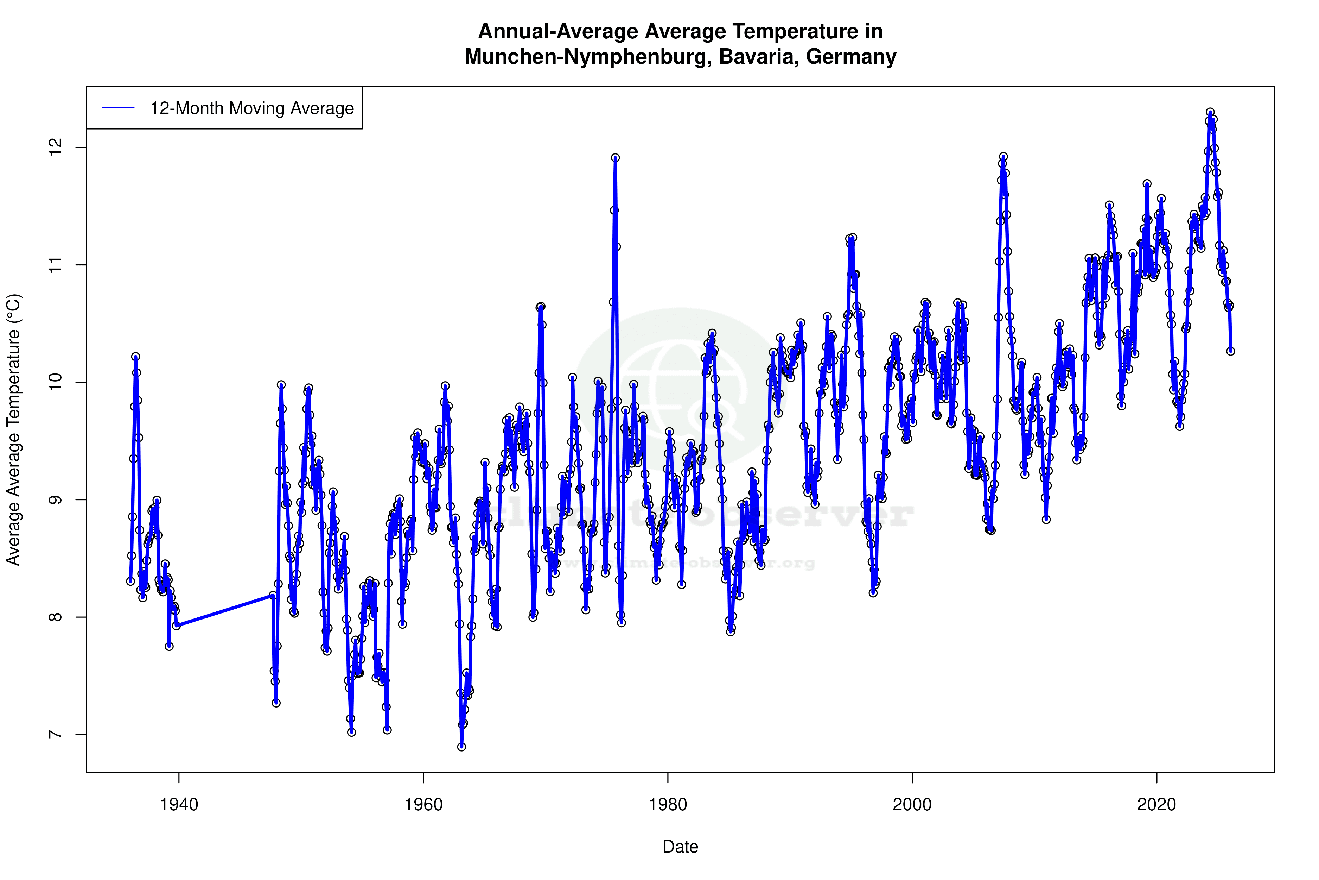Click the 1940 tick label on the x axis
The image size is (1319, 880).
click(x=179, y=805)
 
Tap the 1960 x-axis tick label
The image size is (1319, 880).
click(x=423, y=805)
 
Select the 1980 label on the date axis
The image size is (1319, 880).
click(x=668, y=805)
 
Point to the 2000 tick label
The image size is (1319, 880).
click(x=912, y=805)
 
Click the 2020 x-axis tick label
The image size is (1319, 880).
click(x=1156, y=805)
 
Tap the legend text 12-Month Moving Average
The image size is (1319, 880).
click(x=252, y=108)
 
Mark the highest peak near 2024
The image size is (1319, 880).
click(x=1210, y=113)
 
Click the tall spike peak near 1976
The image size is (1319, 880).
click(x=615, y=158)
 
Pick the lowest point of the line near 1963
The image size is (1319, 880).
click(x=461, y=747)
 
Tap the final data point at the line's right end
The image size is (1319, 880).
click(x=1230, y=351)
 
